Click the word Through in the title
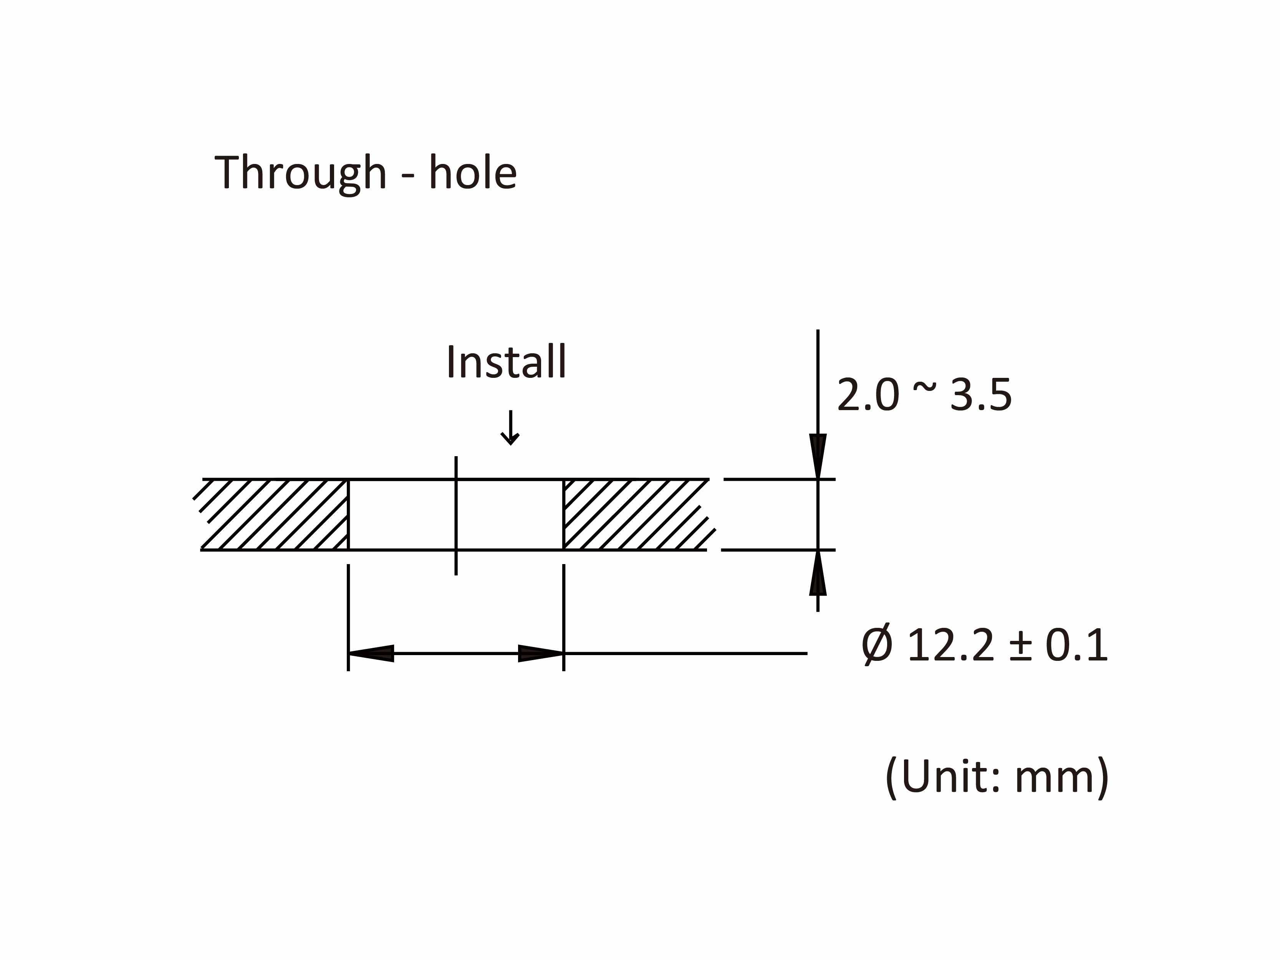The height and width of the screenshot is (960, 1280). pyautogui.click(x=300, y=172)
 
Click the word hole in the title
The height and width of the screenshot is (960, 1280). pyautogui.click(x=472, y=172)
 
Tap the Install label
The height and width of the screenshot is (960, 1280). pyautogui.click(x=506, y=362)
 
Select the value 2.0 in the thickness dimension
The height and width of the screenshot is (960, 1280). pyautogui.click(x=868, y=395)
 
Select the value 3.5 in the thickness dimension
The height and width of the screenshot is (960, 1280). pyautogui.click(x=981, y=395)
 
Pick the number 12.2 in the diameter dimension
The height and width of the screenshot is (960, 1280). pyautogui.click(x=950, y=645)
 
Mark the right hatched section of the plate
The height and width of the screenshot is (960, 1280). pyautogui.click(x=634, y=515)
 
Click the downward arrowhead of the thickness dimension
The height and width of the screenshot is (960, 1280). pyautogui.click(x=817, y=457)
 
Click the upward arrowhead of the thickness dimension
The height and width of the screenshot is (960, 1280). pyautogui.click(x=817, y=573)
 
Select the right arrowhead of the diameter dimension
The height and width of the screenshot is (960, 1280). pyautogui.click(x=540, y=653)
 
